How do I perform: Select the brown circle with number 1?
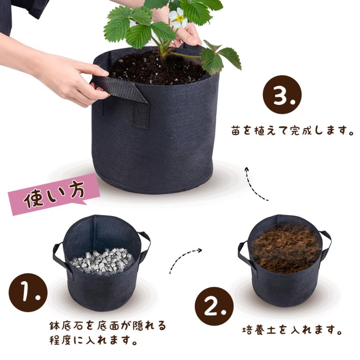(x=28, y=292)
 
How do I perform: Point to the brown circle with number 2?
(x=214, y=306)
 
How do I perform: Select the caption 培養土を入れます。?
(x=292, y=330)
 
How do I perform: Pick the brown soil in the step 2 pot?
(x=286, y=248)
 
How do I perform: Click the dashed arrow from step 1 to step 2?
(x=184, y=260)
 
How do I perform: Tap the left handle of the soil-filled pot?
(x=243, y=254)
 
